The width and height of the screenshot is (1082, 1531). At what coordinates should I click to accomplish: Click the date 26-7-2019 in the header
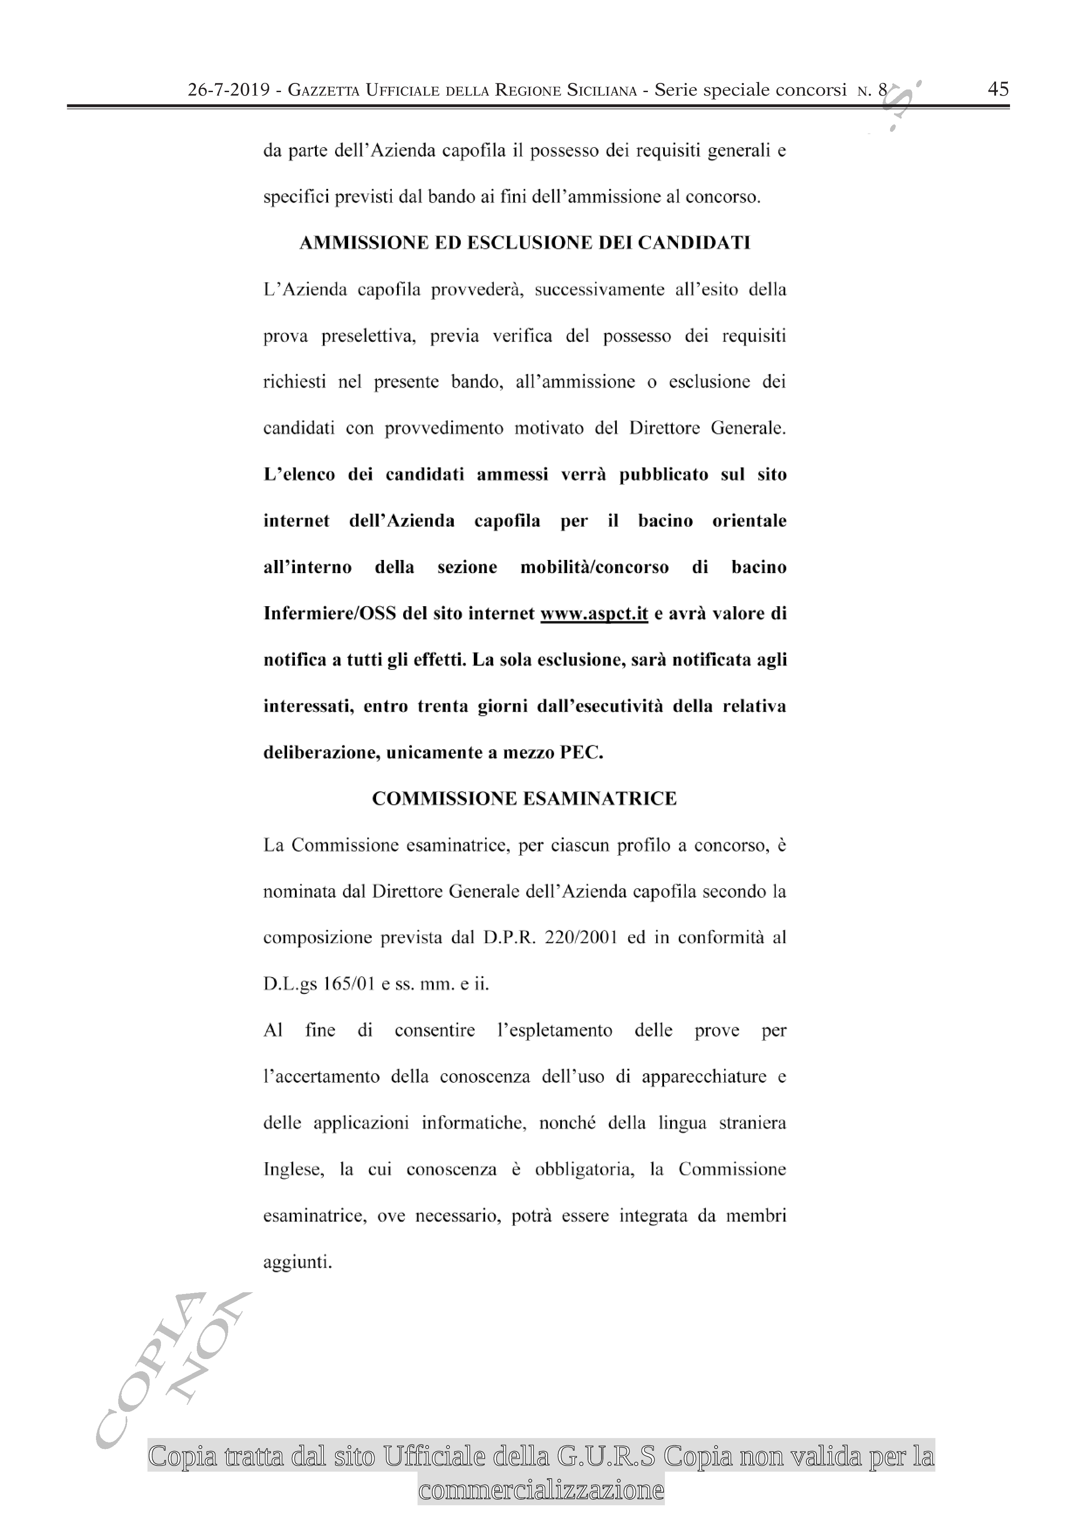(229, 90)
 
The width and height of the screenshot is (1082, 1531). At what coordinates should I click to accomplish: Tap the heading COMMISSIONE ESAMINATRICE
(524, 798)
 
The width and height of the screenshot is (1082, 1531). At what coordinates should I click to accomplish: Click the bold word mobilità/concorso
(594, 567)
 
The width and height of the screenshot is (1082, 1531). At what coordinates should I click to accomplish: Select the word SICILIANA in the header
(602, 91)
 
